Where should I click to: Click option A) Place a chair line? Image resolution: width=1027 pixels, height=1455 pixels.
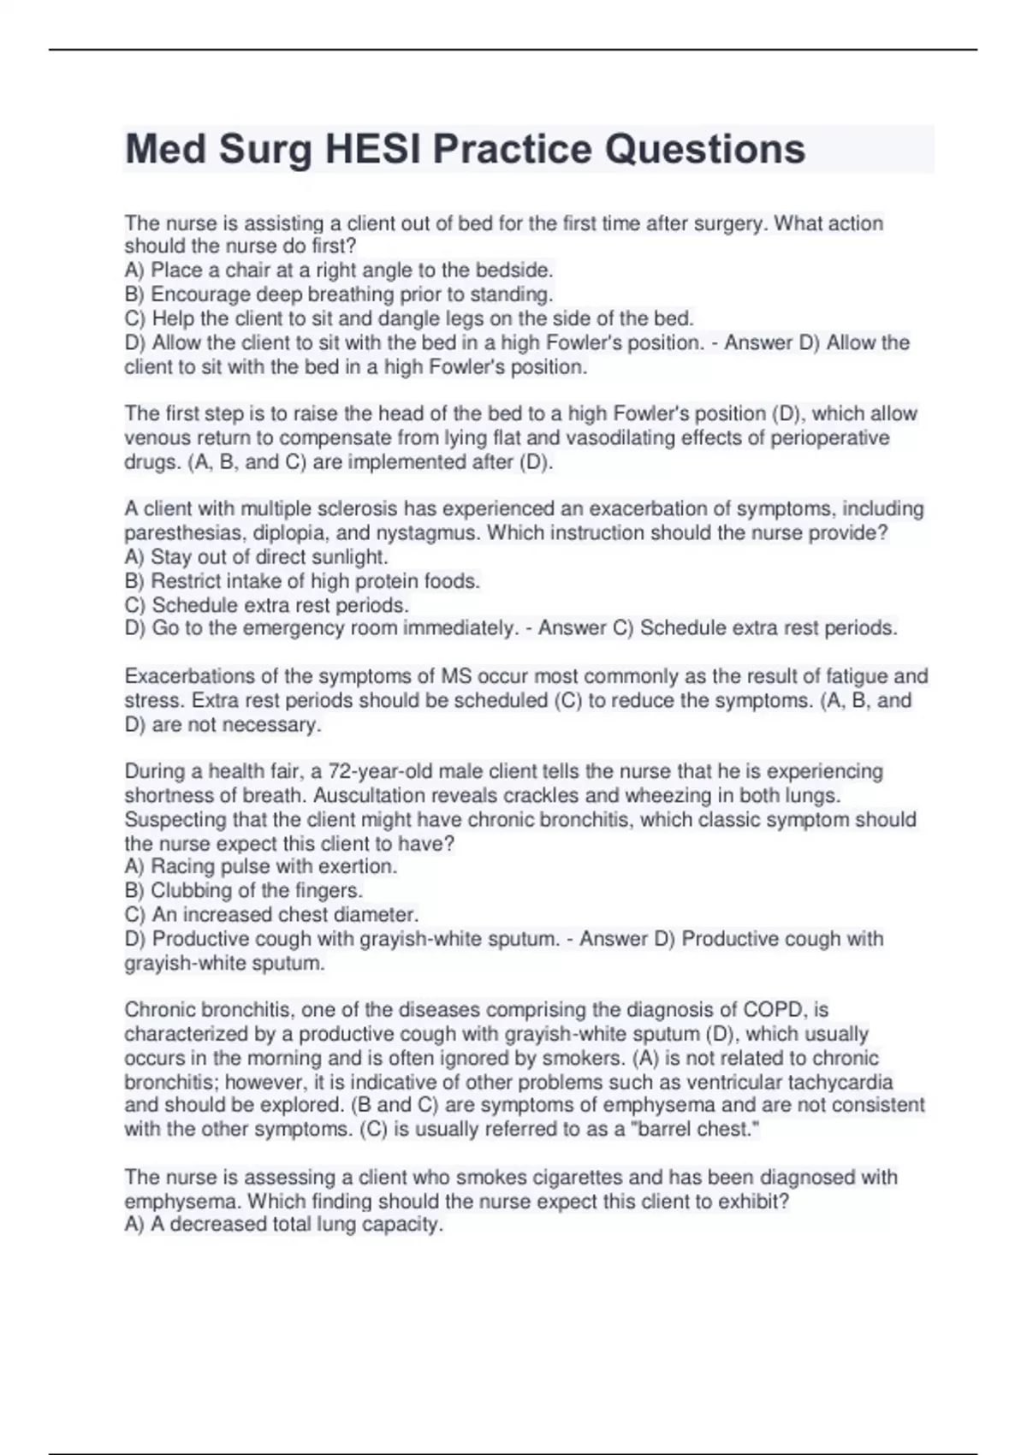point(339,270)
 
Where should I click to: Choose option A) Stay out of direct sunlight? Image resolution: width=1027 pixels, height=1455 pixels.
point(257,557)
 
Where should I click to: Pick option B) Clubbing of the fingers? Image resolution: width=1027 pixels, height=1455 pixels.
point(244,890)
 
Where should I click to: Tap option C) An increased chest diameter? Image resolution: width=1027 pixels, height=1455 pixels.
point(271,914)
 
